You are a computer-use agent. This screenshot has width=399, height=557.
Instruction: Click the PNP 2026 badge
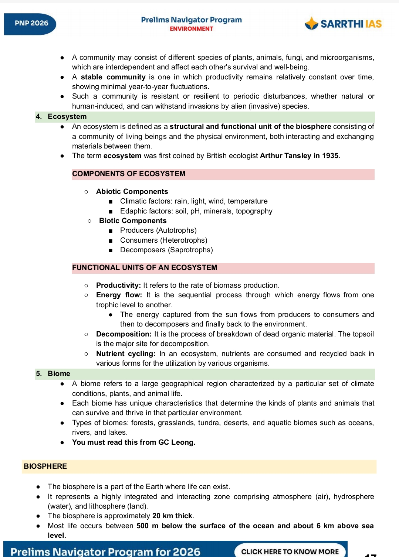[31, 23]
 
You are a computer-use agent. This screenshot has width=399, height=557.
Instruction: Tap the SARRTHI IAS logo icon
[311, 23]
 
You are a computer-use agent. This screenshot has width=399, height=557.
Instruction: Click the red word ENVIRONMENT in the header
[191, 29]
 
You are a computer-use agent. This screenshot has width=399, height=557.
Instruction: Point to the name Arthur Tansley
[285, 156]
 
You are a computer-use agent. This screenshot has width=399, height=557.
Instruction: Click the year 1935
[330, 156]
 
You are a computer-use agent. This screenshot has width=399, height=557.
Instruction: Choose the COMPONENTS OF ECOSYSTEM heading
[129, 174]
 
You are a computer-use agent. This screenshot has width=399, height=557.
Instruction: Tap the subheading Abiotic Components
[132, 192]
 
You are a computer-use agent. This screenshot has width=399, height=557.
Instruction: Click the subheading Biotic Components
[133, 221]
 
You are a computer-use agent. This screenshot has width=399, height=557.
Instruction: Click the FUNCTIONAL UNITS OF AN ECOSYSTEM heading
[145, 268]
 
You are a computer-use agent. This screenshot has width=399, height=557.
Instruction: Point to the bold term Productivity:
[118, 286]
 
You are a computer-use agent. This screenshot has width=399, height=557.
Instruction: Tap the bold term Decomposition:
[124, 334]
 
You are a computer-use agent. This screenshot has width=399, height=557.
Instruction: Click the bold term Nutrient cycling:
[126, 354]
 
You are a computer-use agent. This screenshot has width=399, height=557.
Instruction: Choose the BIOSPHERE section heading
[45, 467]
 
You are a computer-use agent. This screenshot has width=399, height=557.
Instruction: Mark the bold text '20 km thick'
[172, 516]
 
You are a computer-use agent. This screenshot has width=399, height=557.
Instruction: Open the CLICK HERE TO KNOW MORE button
[290, 551]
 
